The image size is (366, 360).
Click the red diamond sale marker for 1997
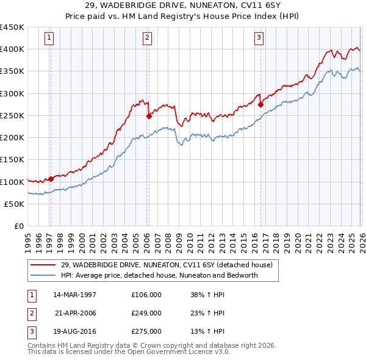pos(51,179)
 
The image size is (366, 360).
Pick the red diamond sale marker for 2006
pos(148,115)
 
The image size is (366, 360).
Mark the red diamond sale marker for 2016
pos(260,104)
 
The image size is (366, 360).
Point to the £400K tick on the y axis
pos(12,49)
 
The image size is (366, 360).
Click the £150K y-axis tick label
pos(12,160)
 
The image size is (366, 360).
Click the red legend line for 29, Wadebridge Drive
pos(43,265)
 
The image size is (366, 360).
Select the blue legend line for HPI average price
pos(43,275)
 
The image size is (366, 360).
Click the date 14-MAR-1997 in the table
pos(75,295)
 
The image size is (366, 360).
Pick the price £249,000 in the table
pos(146,313)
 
